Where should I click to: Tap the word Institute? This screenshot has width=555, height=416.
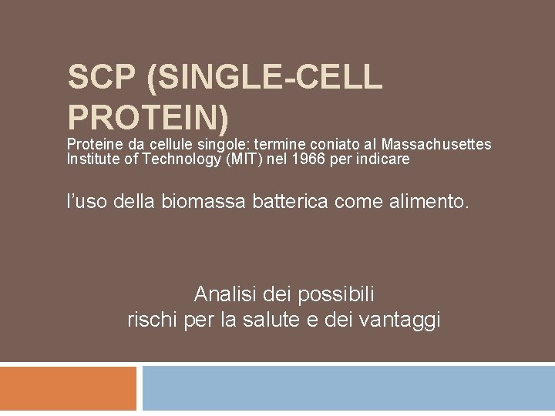92,160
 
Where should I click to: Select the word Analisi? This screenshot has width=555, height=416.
224,294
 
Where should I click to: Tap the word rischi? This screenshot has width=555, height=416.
153,320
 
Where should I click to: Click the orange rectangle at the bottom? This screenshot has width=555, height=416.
68,389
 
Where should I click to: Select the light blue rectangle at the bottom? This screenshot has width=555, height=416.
348,389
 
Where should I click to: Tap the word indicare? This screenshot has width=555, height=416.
385,160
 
